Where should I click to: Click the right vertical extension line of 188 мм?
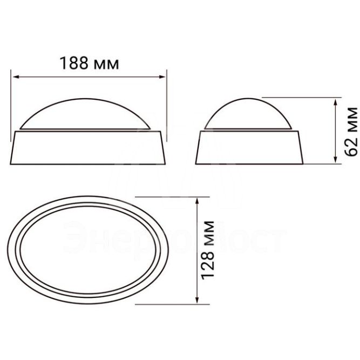click(x=167, y=103)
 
